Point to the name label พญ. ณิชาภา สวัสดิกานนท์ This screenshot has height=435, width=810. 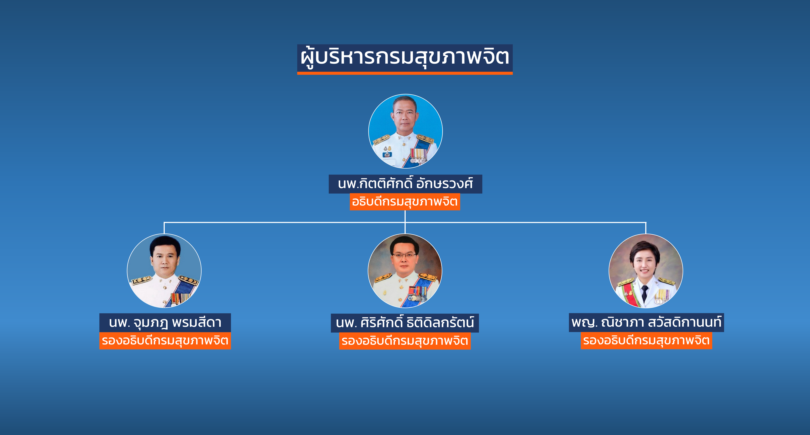click(x=647, y=322)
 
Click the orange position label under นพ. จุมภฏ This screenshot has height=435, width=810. click(x=165, y=341)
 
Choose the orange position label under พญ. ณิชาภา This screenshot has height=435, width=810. click(x=647, y=340)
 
